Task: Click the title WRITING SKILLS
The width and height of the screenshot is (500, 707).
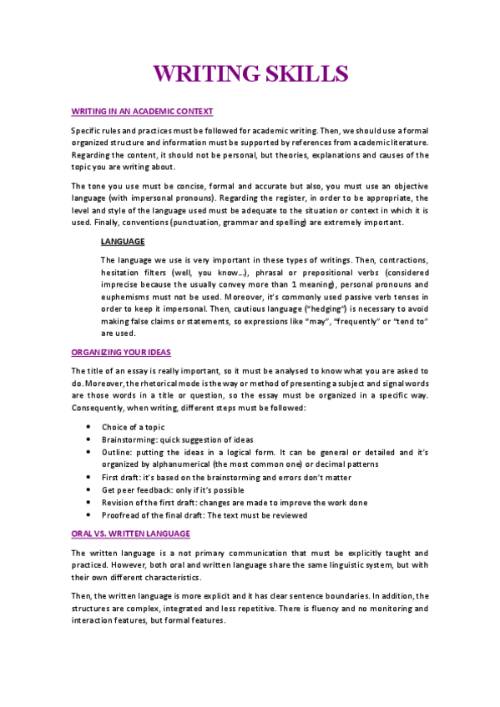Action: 250,73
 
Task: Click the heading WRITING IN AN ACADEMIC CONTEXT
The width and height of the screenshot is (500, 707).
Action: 142,111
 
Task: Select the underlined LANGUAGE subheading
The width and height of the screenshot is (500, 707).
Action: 123,241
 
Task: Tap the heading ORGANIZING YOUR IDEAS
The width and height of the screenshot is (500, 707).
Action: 121,353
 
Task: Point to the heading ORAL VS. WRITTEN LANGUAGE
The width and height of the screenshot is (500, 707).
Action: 130,533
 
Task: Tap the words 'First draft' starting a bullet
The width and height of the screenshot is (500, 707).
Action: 121,477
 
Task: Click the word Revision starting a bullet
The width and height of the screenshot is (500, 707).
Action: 119,503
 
